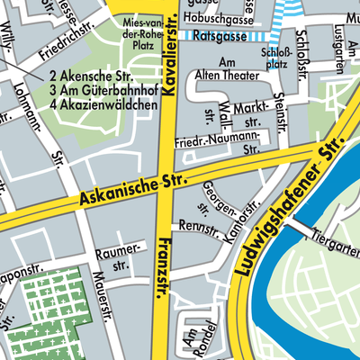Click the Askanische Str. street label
pyautogui.click(x=131, y=188)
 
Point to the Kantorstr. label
pyautogui.click(x=236, y=217)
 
